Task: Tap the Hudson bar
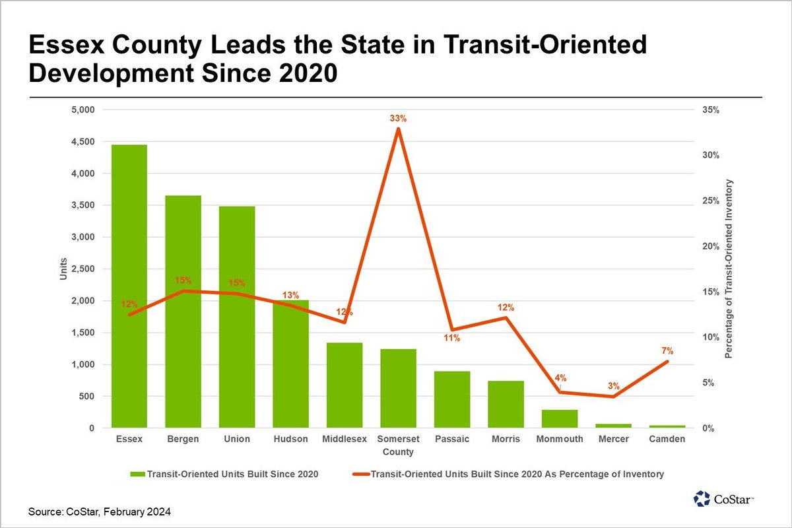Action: pyautogui.click(x=290, y=370)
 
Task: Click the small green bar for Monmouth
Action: pyautogui.click(x=560, y=419)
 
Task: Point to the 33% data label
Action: pyautogui.click(x=398, y=119)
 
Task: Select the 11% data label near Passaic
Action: pyautogui.click(x=452, y=339)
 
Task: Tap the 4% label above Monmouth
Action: pyautogui.click(x=560, y=378)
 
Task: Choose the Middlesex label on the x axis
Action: pyautogui.click(x=345, y=440)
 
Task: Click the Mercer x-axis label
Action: pyautogui.click(x=613, y=440)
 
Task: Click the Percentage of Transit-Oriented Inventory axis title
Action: pyautogui.click(x=729, y=269)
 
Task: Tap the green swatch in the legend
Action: pyautogui.click(x=137, y=474)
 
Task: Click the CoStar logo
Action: pyautogui.click(x=725, y=498)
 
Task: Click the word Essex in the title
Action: pyautogui.click(x=68, y=46)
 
